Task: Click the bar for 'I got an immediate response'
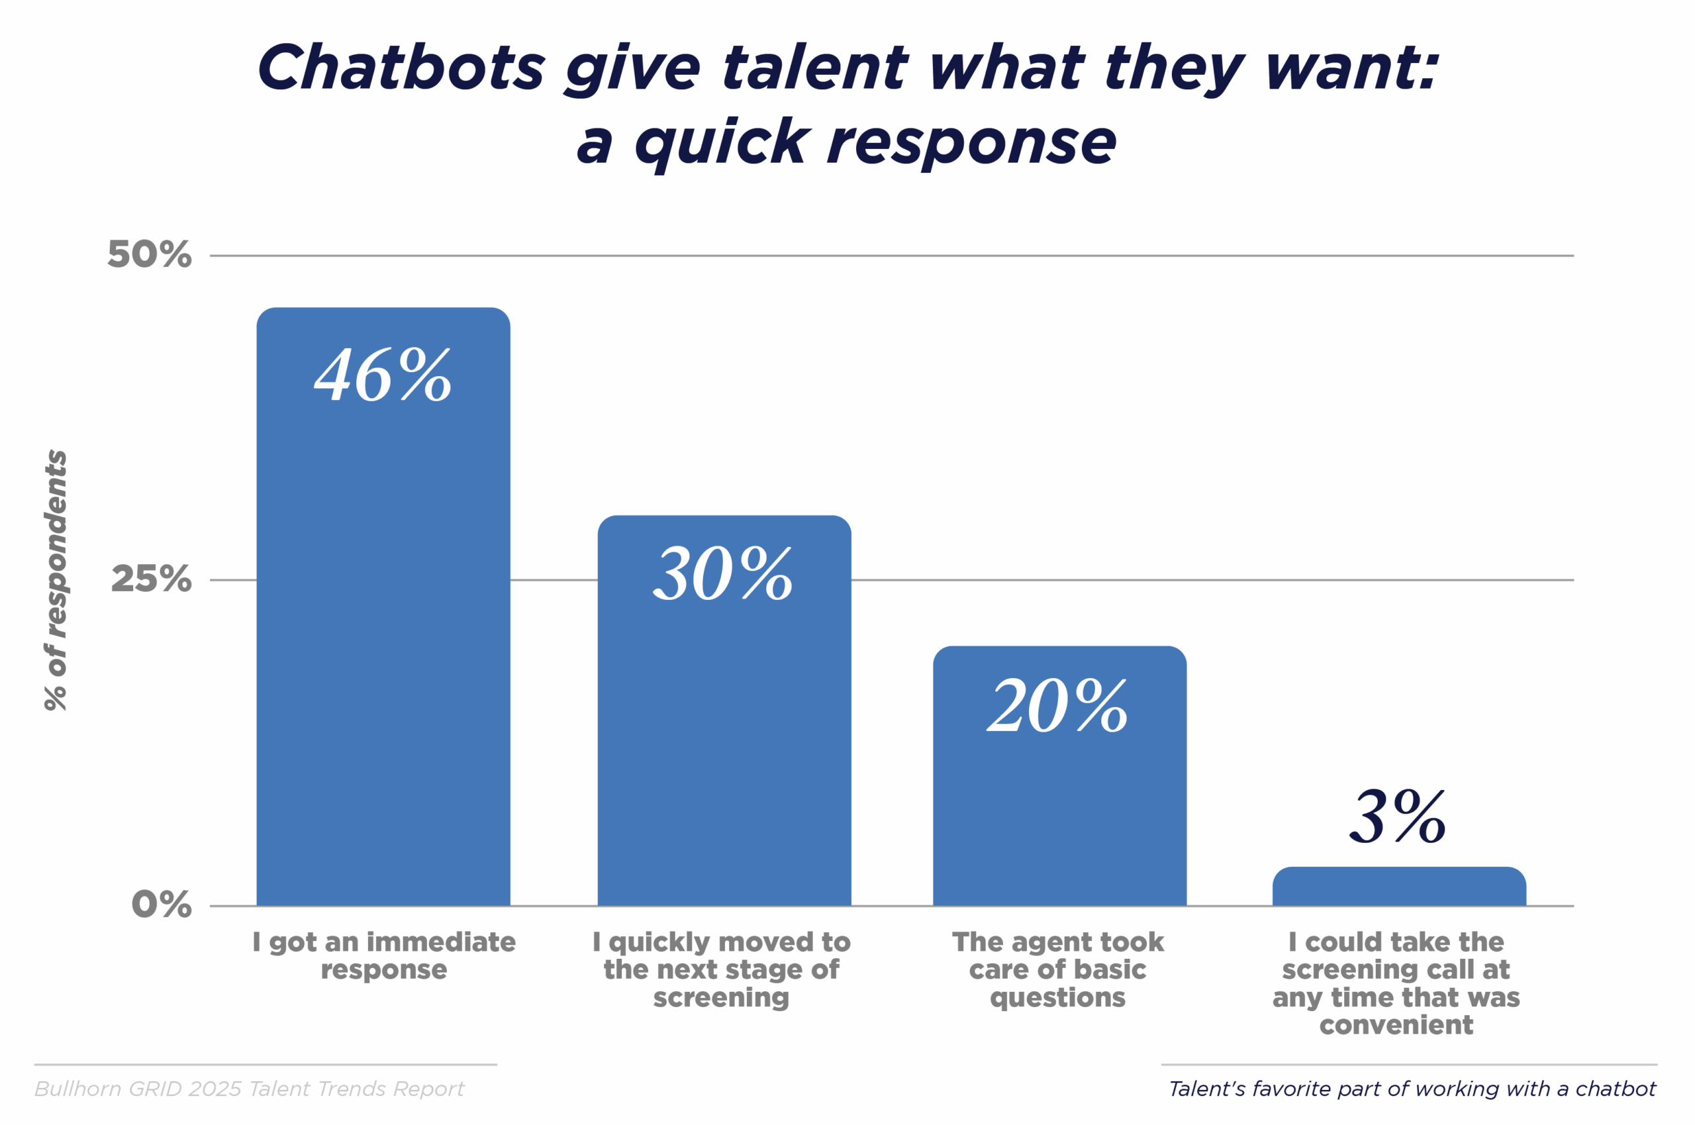[x=383, y=646]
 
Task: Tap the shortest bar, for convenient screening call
[x=1399, y=887]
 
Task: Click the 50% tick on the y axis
[x=149, y=254]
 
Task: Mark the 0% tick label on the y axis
[x=162, y=904]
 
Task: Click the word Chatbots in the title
[x=401, y=68]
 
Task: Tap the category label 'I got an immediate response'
[x=384, y=955]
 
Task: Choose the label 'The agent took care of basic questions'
[x=1058, y=969]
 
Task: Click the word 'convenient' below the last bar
[x=1396, y=1024]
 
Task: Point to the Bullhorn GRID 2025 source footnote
[x=250, y=1089]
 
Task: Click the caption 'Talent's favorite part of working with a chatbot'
[x=1412, y=1089]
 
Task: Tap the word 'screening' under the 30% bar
[x=721, y=997]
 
